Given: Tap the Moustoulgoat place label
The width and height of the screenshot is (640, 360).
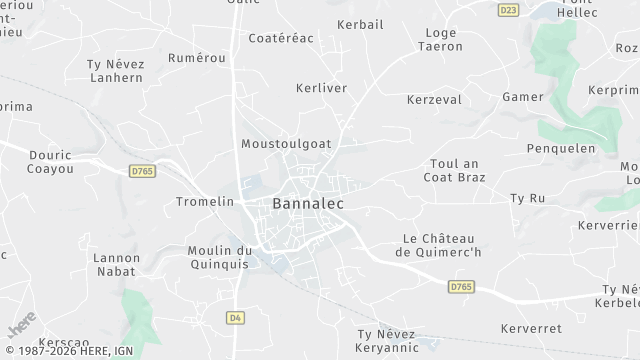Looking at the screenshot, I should point(286,144).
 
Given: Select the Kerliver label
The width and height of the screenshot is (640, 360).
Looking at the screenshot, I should point(321,88).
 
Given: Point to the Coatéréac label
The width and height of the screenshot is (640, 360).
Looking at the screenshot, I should point(281,38).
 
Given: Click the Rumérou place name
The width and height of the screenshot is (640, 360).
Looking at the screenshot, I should point(196,58).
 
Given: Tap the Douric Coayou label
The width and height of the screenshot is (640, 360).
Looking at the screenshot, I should point(51,163).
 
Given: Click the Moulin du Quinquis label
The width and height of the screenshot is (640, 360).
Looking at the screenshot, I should point(220,257).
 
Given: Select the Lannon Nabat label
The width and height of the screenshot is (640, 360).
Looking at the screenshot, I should point(116,264).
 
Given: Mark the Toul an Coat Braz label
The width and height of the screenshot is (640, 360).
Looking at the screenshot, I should point(456,170).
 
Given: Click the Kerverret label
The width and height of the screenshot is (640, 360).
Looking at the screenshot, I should point(528,327).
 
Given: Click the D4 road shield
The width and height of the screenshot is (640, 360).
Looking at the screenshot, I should point(236,318).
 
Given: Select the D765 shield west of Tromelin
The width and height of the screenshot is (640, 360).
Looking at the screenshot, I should point(143,172).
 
